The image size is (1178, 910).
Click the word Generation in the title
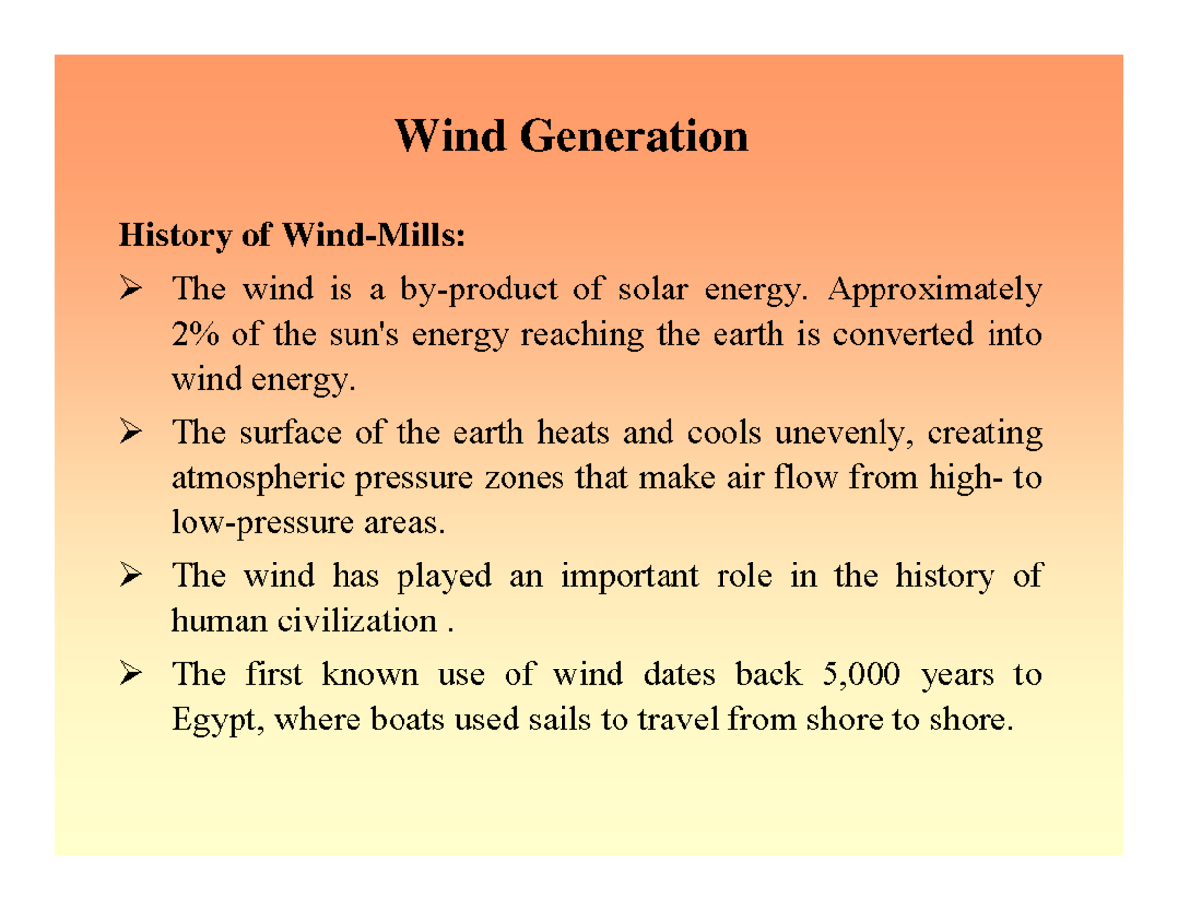(x=634, y=135)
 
